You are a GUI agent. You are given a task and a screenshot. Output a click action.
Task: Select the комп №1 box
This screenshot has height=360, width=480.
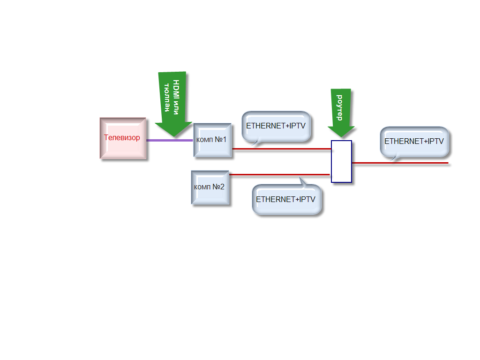pos(212,140)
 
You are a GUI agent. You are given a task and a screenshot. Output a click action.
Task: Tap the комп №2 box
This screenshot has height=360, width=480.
pos(210,187)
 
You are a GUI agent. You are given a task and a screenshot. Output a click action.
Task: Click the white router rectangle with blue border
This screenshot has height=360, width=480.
pos(341,161)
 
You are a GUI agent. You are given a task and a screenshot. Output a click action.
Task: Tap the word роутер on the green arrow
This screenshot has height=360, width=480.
pos(340,107)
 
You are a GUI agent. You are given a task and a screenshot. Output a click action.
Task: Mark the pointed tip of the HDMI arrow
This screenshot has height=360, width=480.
pos(174,136)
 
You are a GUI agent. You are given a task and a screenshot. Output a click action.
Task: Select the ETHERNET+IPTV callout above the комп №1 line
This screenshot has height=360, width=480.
pos(276,126)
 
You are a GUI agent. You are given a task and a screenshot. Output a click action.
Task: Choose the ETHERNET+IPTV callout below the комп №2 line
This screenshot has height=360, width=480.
pos(286,199)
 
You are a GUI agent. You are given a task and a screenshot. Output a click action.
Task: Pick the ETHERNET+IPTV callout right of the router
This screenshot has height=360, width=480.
pos(414,141)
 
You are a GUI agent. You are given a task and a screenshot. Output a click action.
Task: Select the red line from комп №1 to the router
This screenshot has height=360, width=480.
pos(281,149)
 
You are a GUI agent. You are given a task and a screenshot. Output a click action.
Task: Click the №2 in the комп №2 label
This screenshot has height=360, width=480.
pos(219,187)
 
